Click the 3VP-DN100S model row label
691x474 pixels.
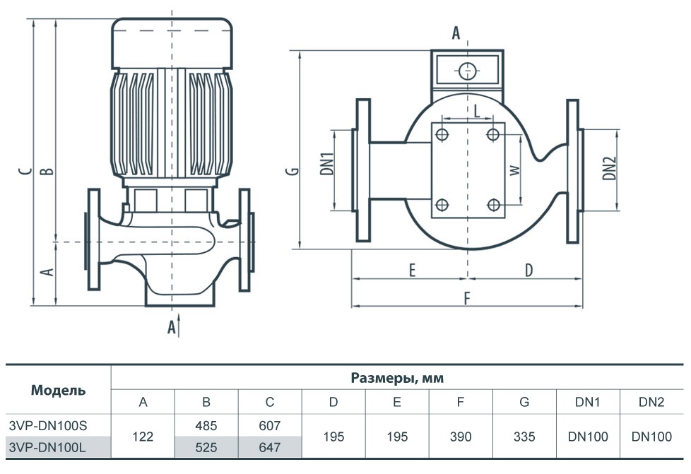(48, 425)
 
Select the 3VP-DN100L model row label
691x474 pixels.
(47, 447)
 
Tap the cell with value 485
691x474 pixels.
(206, 425)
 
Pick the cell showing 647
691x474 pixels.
(270, 447)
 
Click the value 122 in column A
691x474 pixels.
(143, 437)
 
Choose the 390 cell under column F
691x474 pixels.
(461, 437)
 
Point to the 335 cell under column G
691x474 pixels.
(524, 437)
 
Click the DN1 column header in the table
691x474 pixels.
(587, 402)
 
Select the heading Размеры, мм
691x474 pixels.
(397, 378)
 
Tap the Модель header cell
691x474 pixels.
(58, 391)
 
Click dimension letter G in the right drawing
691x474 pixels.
(293, 170)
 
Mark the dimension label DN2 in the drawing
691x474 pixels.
(609, 169)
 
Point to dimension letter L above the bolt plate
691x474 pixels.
(476, 111)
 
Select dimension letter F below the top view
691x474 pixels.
(467, 299)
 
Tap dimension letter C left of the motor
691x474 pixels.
(26, 171)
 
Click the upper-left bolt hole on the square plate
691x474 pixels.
(442, 134)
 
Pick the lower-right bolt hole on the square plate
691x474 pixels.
(494, 204)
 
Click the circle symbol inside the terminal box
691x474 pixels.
(467, 71)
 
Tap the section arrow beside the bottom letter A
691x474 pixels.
(179, 326)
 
